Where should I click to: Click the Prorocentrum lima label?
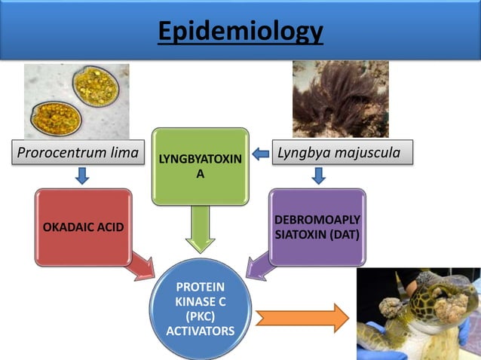pyautogui.click(x=78, y=154)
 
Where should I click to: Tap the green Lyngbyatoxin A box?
pyautogui.click(x=200, y=166)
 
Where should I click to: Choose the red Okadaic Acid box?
pyautogui.click(x=83, y=227)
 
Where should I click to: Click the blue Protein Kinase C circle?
pyautogui.click(x=200, y=309)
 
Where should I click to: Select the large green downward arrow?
pyautogui.click(x=200, y=230)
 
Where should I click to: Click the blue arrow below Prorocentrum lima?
pyautogui.click(x=82, y=176)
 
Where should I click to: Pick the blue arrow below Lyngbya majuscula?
pyautogui.click(x=319, y=176)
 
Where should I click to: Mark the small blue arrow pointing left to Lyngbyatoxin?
pyautogui.click(x=261, y=154)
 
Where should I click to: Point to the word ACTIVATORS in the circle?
pyautogui.click(x=200, y=331)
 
